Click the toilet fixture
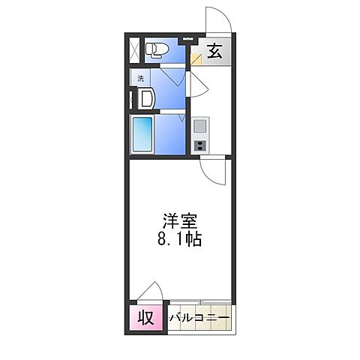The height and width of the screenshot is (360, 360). pos(155,50)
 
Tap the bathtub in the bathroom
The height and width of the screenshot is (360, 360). pos(142,134)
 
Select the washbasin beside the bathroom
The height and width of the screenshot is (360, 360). pos(145,98)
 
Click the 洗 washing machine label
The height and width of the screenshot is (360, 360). pos(140,78)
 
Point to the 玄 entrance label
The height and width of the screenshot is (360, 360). pos(214,52)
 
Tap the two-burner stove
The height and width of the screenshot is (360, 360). pos(200,145)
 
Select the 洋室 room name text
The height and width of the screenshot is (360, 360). pos(181,223)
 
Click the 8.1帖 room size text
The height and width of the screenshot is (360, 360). pos(181,241)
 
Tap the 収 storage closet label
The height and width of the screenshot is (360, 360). pos(147,317)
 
